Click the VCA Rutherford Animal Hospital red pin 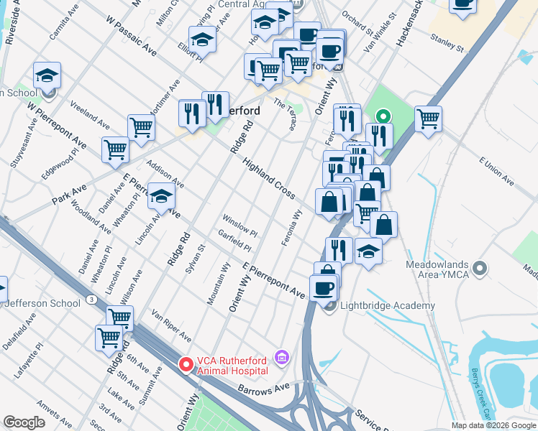click(186, 364)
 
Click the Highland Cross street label click(269, 179)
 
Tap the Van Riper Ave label click(171, 325)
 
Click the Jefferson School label click(43, 303)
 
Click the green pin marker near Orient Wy click(383, 116)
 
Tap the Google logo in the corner click(24, 422)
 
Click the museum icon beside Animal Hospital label click(281, 356)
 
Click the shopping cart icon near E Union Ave click(428, 119)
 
